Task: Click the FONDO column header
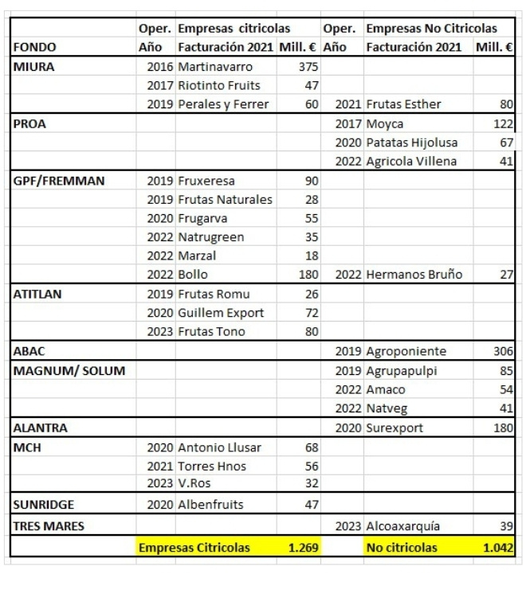tap(35, 47)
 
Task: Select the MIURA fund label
tap(34, 66)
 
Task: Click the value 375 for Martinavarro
tap(308, 66)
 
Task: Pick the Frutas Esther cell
tap(403, 104)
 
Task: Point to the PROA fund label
tap(31, 123)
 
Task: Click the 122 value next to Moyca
tap(503, 123)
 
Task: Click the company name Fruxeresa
tap(206, 181)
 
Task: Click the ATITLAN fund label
tap(38, 294)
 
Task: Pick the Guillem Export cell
tap(221, 313)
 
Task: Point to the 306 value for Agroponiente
tap(503, 351)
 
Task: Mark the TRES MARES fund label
tap(48, 526)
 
